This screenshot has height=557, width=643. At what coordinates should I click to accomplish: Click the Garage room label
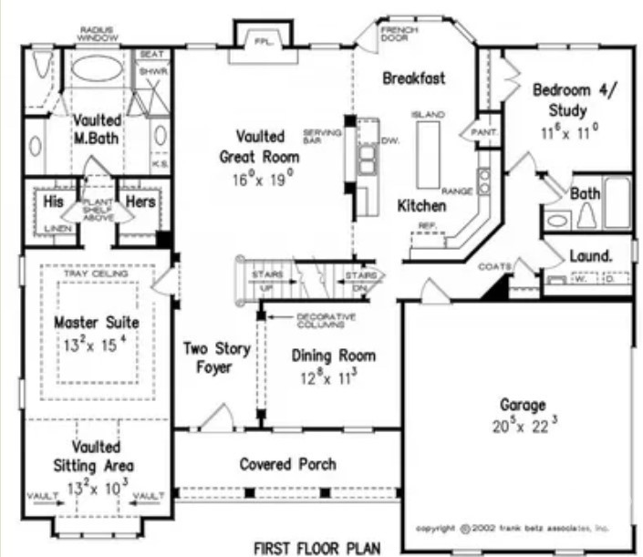pos(523,404)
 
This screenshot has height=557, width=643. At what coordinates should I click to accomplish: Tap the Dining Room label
pos(333,356)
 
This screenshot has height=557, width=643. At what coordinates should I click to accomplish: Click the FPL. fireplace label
pos(264,41)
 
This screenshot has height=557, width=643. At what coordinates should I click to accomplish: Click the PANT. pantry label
pos(482,133)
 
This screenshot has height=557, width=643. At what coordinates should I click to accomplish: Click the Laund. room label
pos(590,255)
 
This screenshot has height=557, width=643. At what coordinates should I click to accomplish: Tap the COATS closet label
pos(493,266)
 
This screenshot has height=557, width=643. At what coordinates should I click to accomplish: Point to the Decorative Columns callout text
pos(322,320)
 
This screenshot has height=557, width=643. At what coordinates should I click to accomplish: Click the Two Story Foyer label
pos(209,357)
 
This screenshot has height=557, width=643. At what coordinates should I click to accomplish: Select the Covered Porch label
pos(288,464)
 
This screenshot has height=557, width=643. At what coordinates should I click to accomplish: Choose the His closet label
pos(54,201)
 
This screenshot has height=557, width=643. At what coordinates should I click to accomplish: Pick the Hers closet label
pos(140,201)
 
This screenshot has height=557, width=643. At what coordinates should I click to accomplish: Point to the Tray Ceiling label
pos(96,273)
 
